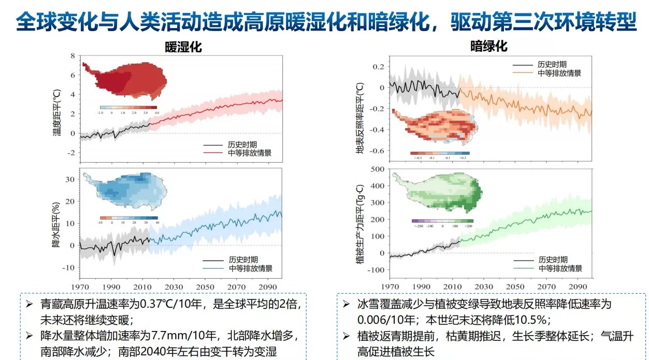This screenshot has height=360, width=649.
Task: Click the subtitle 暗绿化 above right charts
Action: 488,46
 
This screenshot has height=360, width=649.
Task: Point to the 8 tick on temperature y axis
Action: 73,56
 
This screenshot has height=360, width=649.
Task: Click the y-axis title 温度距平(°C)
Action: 56,112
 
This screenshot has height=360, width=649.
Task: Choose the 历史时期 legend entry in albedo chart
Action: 552,65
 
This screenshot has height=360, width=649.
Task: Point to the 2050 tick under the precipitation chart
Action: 205,287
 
